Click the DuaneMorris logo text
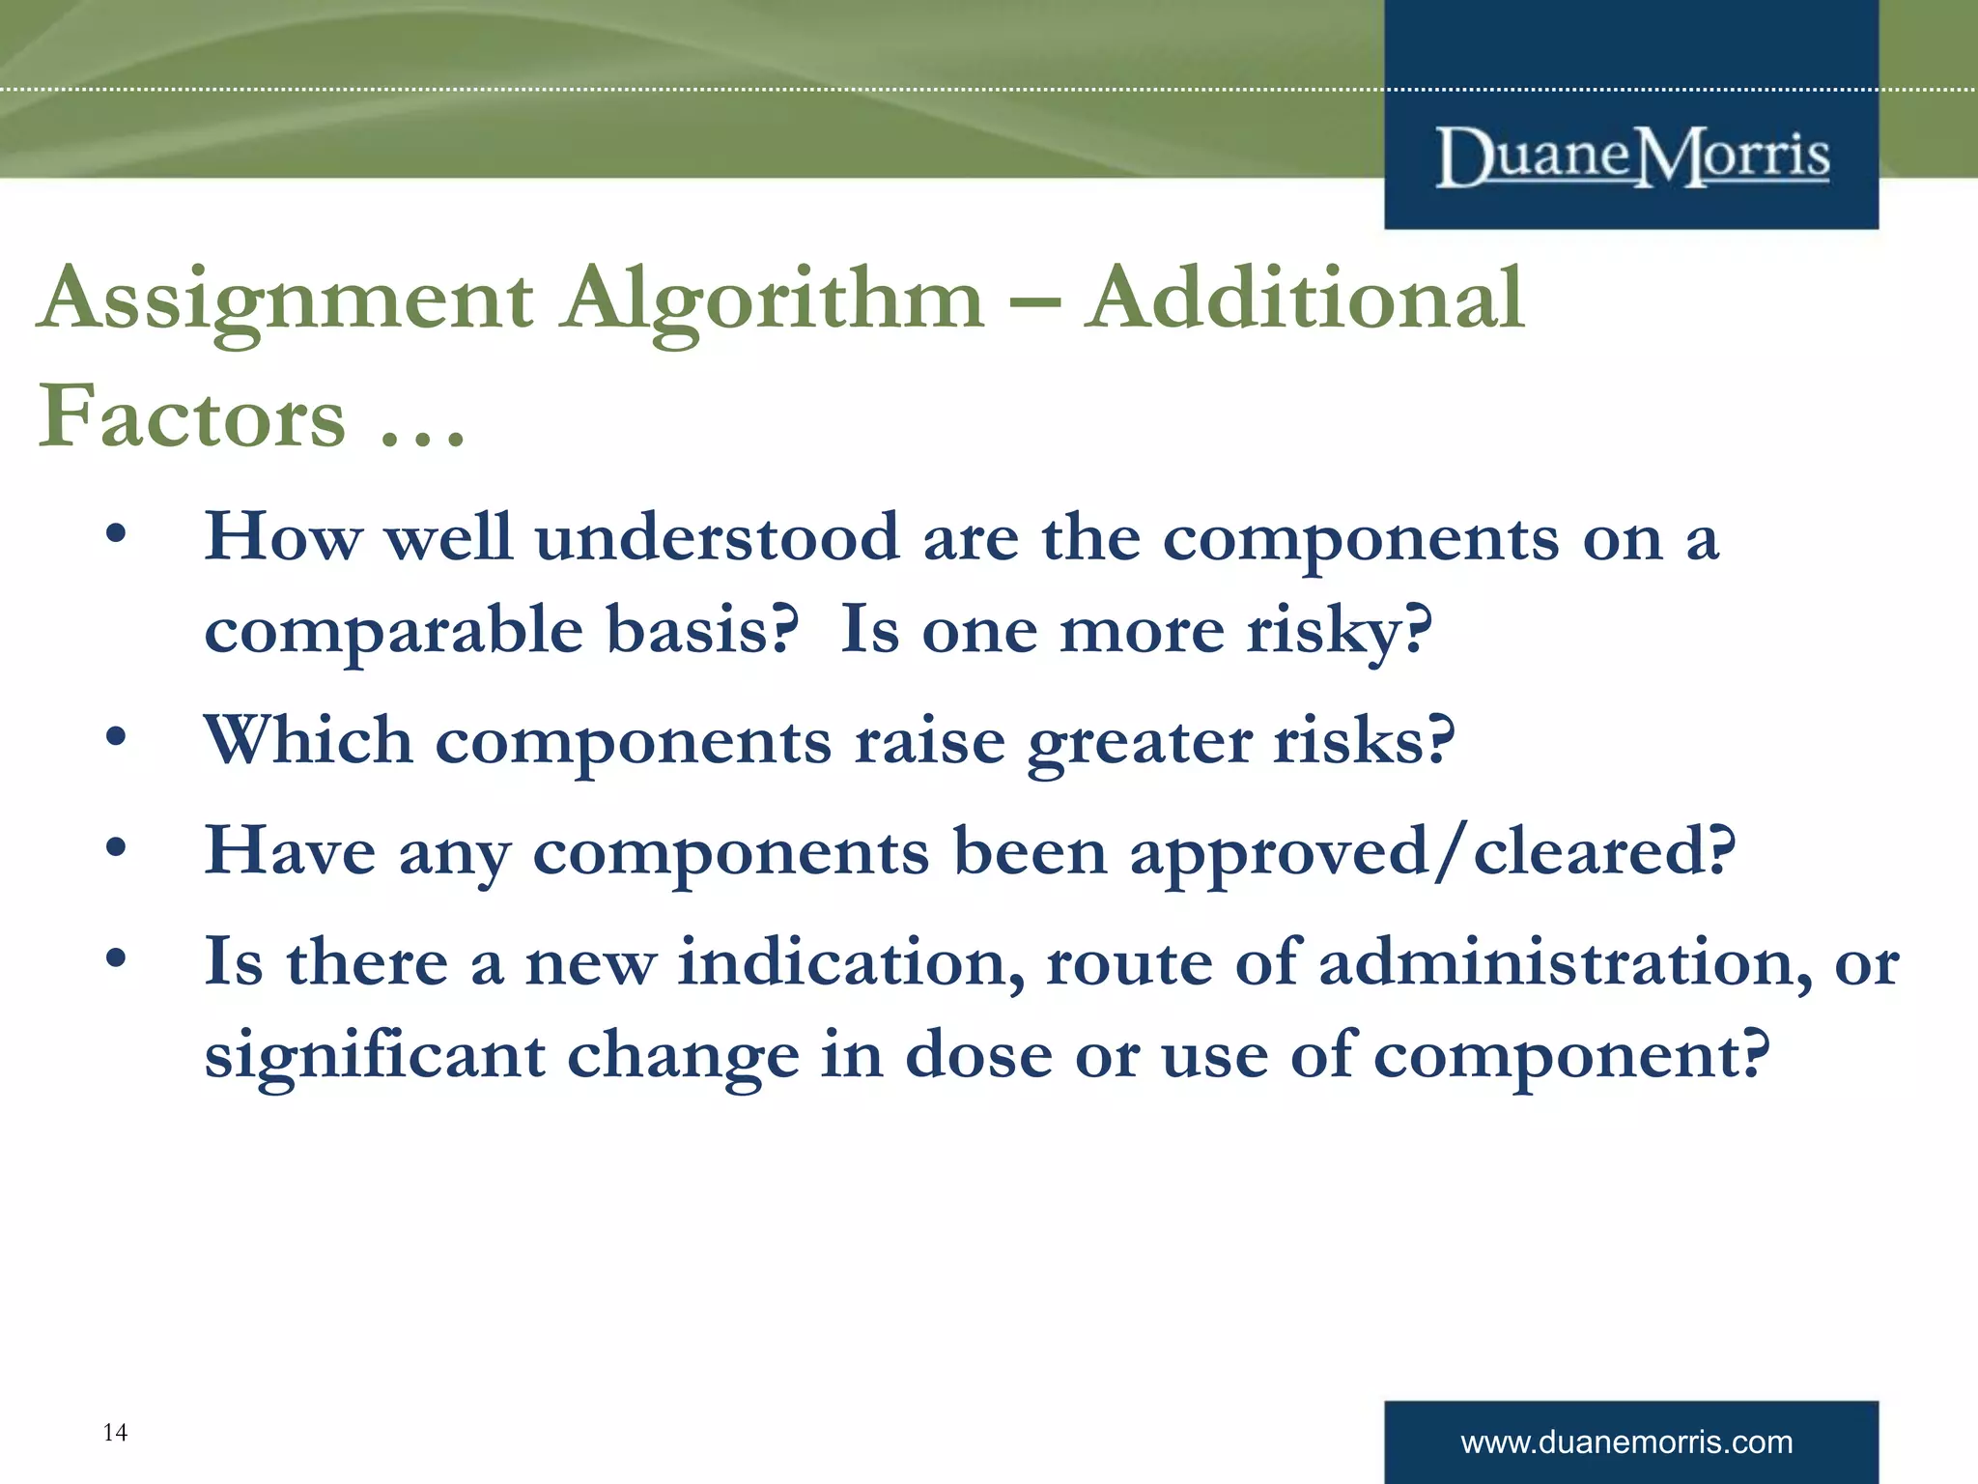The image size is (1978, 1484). point(1631,157)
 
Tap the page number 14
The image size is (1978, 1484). point(115,1432)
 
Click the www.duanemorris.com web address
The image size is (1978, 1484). point(1626,1442)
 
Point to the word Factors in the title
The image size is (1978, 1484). point(191,417)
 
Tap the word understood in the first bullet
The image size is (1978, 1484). point(717,537)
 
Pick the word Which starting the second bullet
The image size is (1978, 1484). point(308,741)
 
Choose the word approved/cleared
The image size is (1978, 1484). point(1432,852)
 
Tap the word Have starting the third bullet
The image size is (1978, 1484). point(290,852)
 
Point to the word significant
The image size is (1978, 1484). point(375,1056)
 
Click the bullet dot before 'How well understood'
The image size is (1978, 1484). point(116,534)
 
